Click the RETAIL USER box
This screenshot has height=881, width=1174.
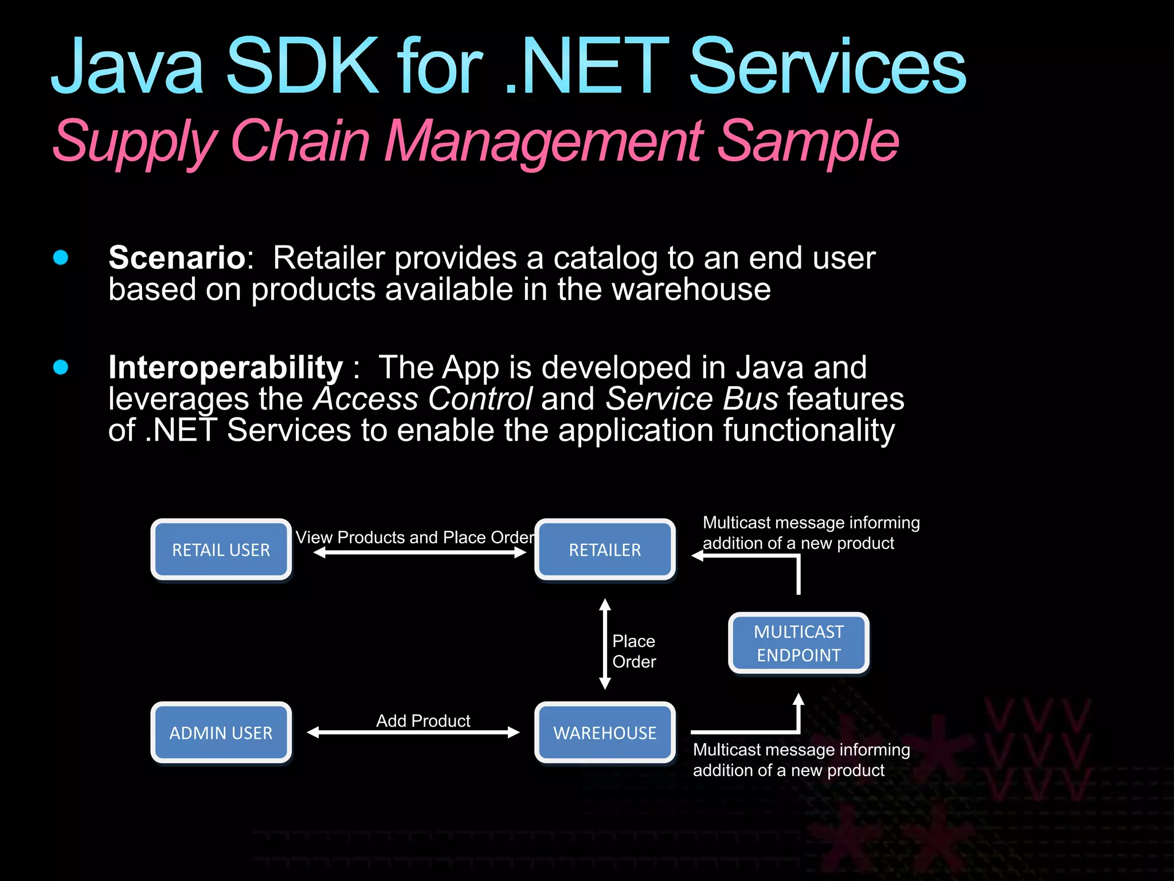click(221, 549)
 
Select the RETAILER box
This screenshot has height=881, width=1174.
click(605, 549)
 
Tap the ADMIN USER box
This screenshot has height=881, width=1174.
click(221, 732)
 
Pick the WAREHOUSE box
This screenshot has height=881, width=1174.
click(605, 732)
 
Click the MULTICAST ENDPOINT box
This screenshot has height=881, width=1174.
click(799, 643)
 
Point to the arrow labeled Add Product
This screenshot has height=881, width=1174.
click(413, 732)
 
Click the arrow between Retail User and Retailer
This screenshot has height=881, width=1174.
click(420, 552)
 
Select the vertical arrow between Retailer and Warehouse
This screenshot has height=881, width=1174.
click(605, 644)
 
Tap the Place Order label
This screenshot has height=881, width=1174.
click(633, 651)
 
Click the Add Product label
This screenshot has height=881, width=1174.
click(423, 720)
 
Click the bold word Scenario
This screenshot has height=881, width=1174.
click(178, 258)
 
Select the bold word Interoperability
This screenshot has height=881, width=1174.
click(225, 367)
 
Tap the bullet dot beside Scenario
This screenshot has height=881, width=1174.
click(61, 258)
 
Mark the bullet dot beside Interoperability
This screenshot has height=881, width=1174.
click(61, 367)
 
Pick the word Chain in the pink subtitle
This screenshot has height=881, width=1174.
click(299, 141)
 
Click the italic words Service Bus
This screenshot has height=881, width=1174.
click(692, 399)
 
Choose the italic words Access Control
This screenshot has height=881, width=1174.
click(423, 399)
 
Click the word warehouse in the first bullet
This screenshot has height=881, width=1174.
click(691, 289)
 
